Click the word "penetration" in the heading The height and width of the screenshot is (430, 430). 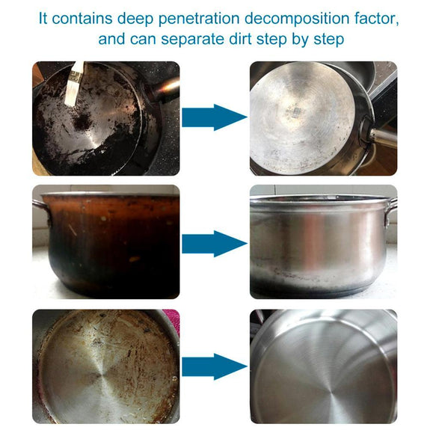click(x=199, y=19)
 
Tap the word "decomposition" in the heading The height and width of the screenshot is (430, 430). click(x=297, y=19)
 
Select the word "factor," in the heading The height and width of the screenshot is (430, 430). click(x=376, y=19)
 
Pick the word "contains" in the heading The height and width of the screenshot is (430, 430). click(x=82, y=19)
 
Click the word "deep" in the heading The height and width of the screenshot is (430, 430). click(x=135, y=19)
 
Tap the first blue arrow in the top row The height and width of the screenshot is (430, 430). click(x=215, y=117)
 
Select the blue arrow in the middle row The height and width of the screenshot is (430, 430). click(x=215, y=244)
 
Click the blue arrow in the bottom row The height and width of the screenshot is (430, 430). click(x=215, y=366)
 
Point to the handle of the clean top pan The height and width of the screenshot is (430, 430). click(x=383, y=137)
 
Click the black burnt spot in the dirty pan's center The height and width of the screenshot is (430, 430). click(x=82, y=121)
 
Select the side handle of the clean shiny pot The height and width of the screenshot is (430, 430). click(x=392, y=211)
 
